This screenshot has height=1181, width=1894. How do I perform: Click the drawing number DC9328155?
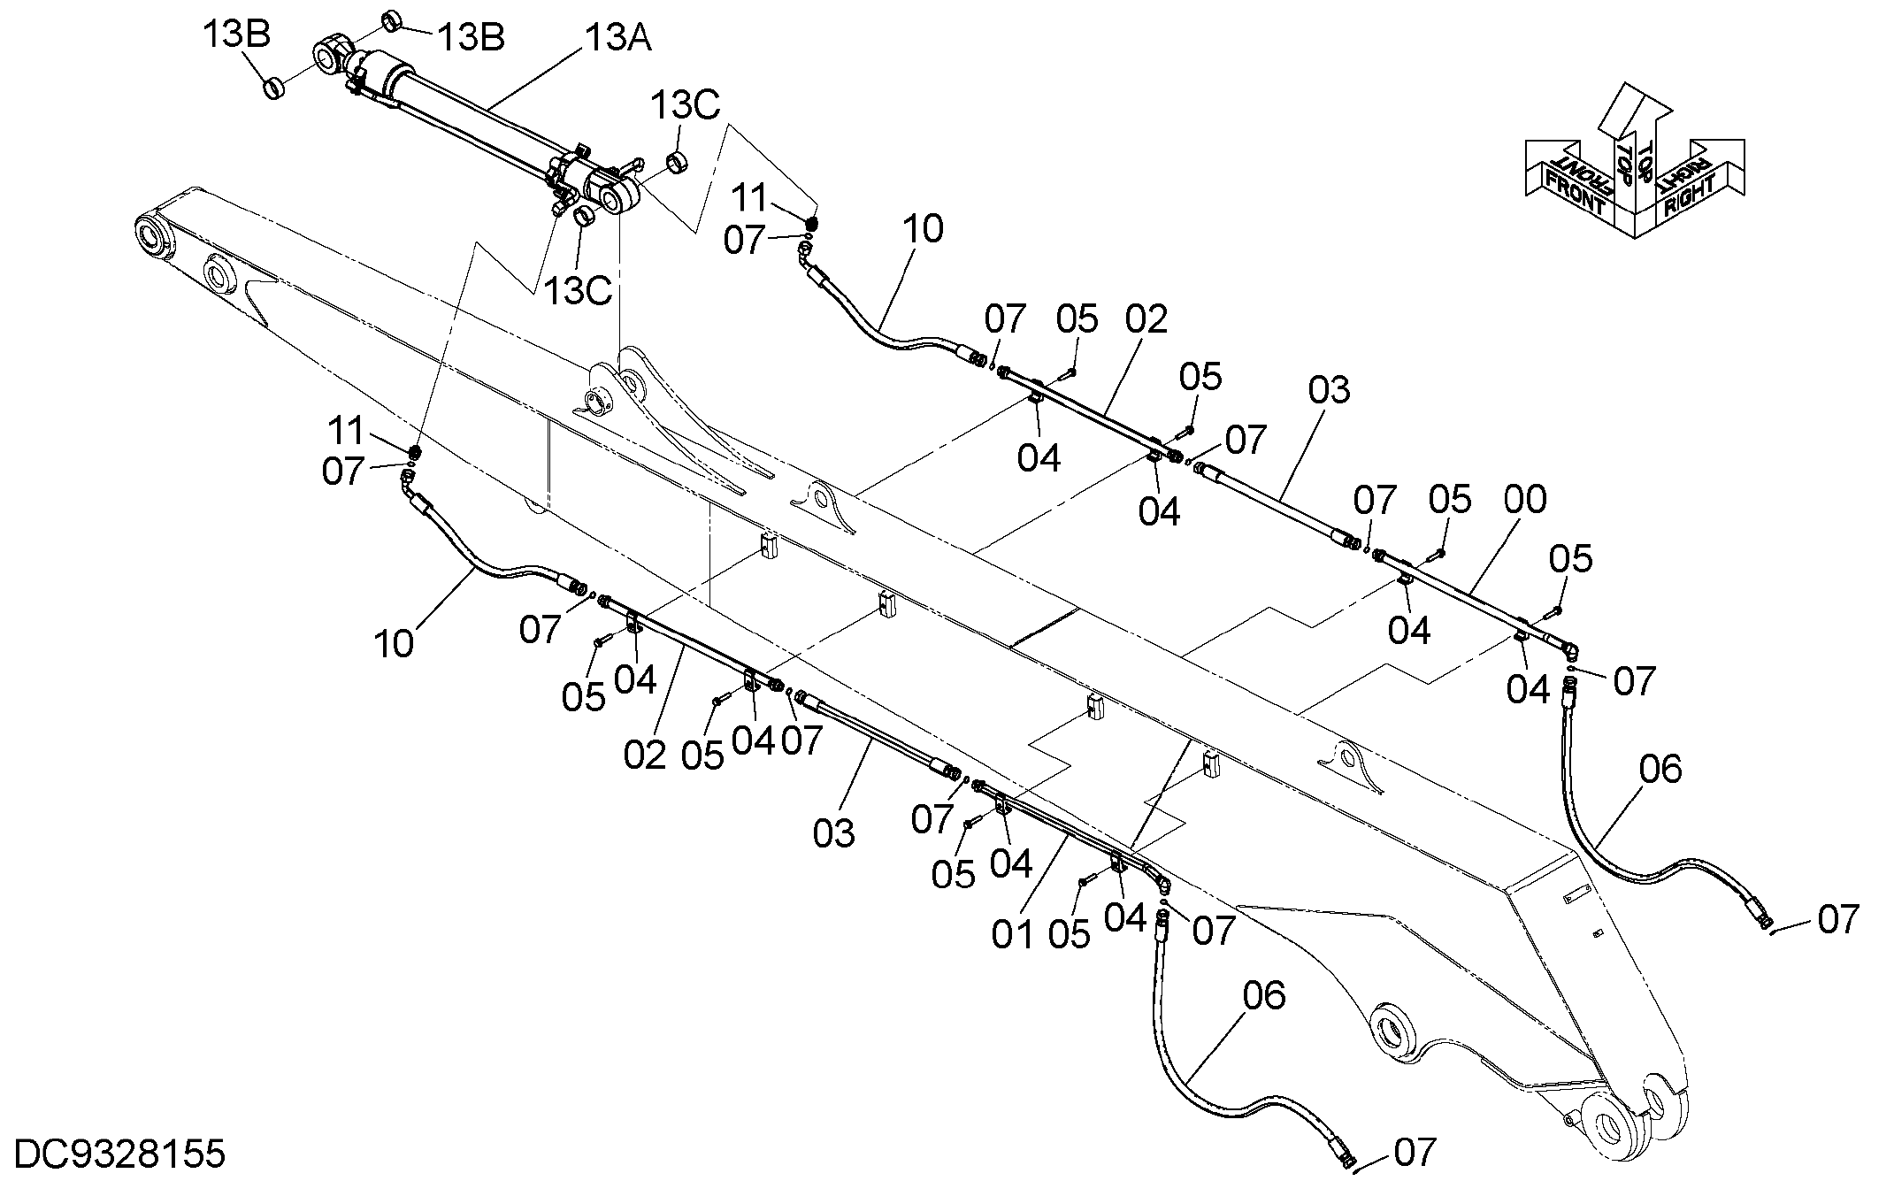pyautogui.click(x=120, y=1154)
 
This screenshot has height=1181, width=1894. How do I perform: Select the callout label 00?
pyautogui.click(x=1525, y=500)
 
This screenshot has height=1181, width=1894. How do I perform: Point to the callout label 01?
pyautogui.click(x=1013, y=934)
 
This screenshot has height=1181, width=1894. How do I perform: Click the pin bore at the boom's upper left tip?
pyautogui.click(x=152, y=234)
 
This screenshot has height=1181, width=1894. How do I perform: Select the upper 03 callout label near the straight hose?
pyautogui.click(x=1330, y=390)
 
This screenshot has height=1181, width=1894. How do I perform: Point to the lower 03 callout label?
pyautogui.click(x=833, y=833)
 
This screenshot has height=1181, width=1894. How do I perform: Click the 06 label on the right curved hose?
pyautogui.click(x=1660, y=769)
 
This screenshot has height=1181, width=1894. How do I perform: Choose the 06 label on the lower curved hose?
pyautogui.click(x=1264, y=996)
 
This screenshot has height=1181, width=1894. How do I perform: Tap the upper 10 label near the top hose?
pyautogui.click(x=924, y=229)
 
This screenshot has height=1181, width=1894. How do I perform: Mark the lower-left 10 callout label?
pyautogui.click(x=394, y=644)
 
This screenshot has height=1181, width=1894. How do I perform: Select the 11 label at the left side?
pyautogui.click(x=346, y=431)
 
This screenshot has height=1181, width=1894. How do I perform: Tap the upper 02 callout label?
pyautogui.click(x=1146, y=319)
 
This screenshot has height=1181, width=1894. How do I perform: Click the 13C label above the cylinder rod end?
pyautogui.click(x=686, y=105)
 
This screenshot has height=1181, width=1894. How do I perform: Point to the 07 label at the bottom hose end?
pyautogui.click(x=1415, y=1153)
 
